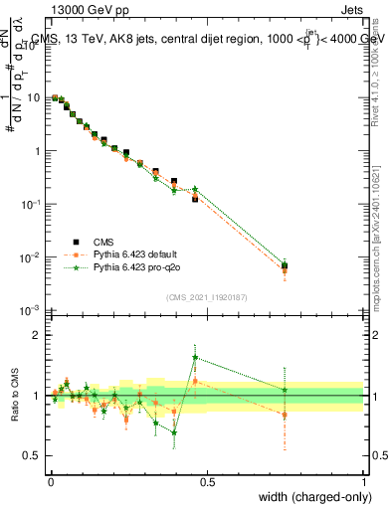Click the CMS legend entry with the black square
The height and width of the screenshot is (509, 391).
pos(103,242)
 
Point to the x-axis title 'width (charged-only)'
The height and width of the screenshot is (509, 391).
pos(310,496)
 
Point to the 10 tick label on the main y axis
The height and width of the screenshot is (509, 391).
pos(36,98)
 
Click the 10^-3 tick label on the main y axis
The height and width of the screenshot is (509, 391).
pos(32,310)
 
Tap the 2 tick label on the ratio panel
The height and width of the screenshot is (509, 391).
pos(40,336)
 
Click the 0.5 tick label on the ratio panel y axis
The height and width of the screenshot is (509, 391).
pos(35,456)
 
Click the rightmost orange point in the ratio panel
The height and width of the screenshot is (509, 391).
pos(285,415)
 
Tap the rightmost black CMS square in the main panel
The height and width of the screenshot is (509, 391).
pos(285,265)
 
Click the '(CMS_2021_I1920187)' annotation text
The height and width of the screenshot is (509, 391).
pos(207,297)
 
